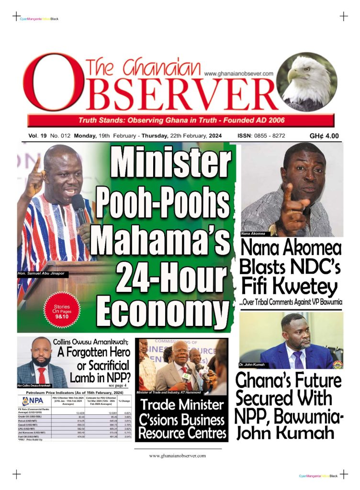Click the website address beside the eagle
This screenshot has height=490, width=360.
click(238, 74)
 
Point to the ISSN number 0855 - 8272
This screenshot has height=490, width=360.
click(268, 136)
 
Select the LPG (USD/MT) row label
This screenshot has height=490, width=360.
click(30, 429)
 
